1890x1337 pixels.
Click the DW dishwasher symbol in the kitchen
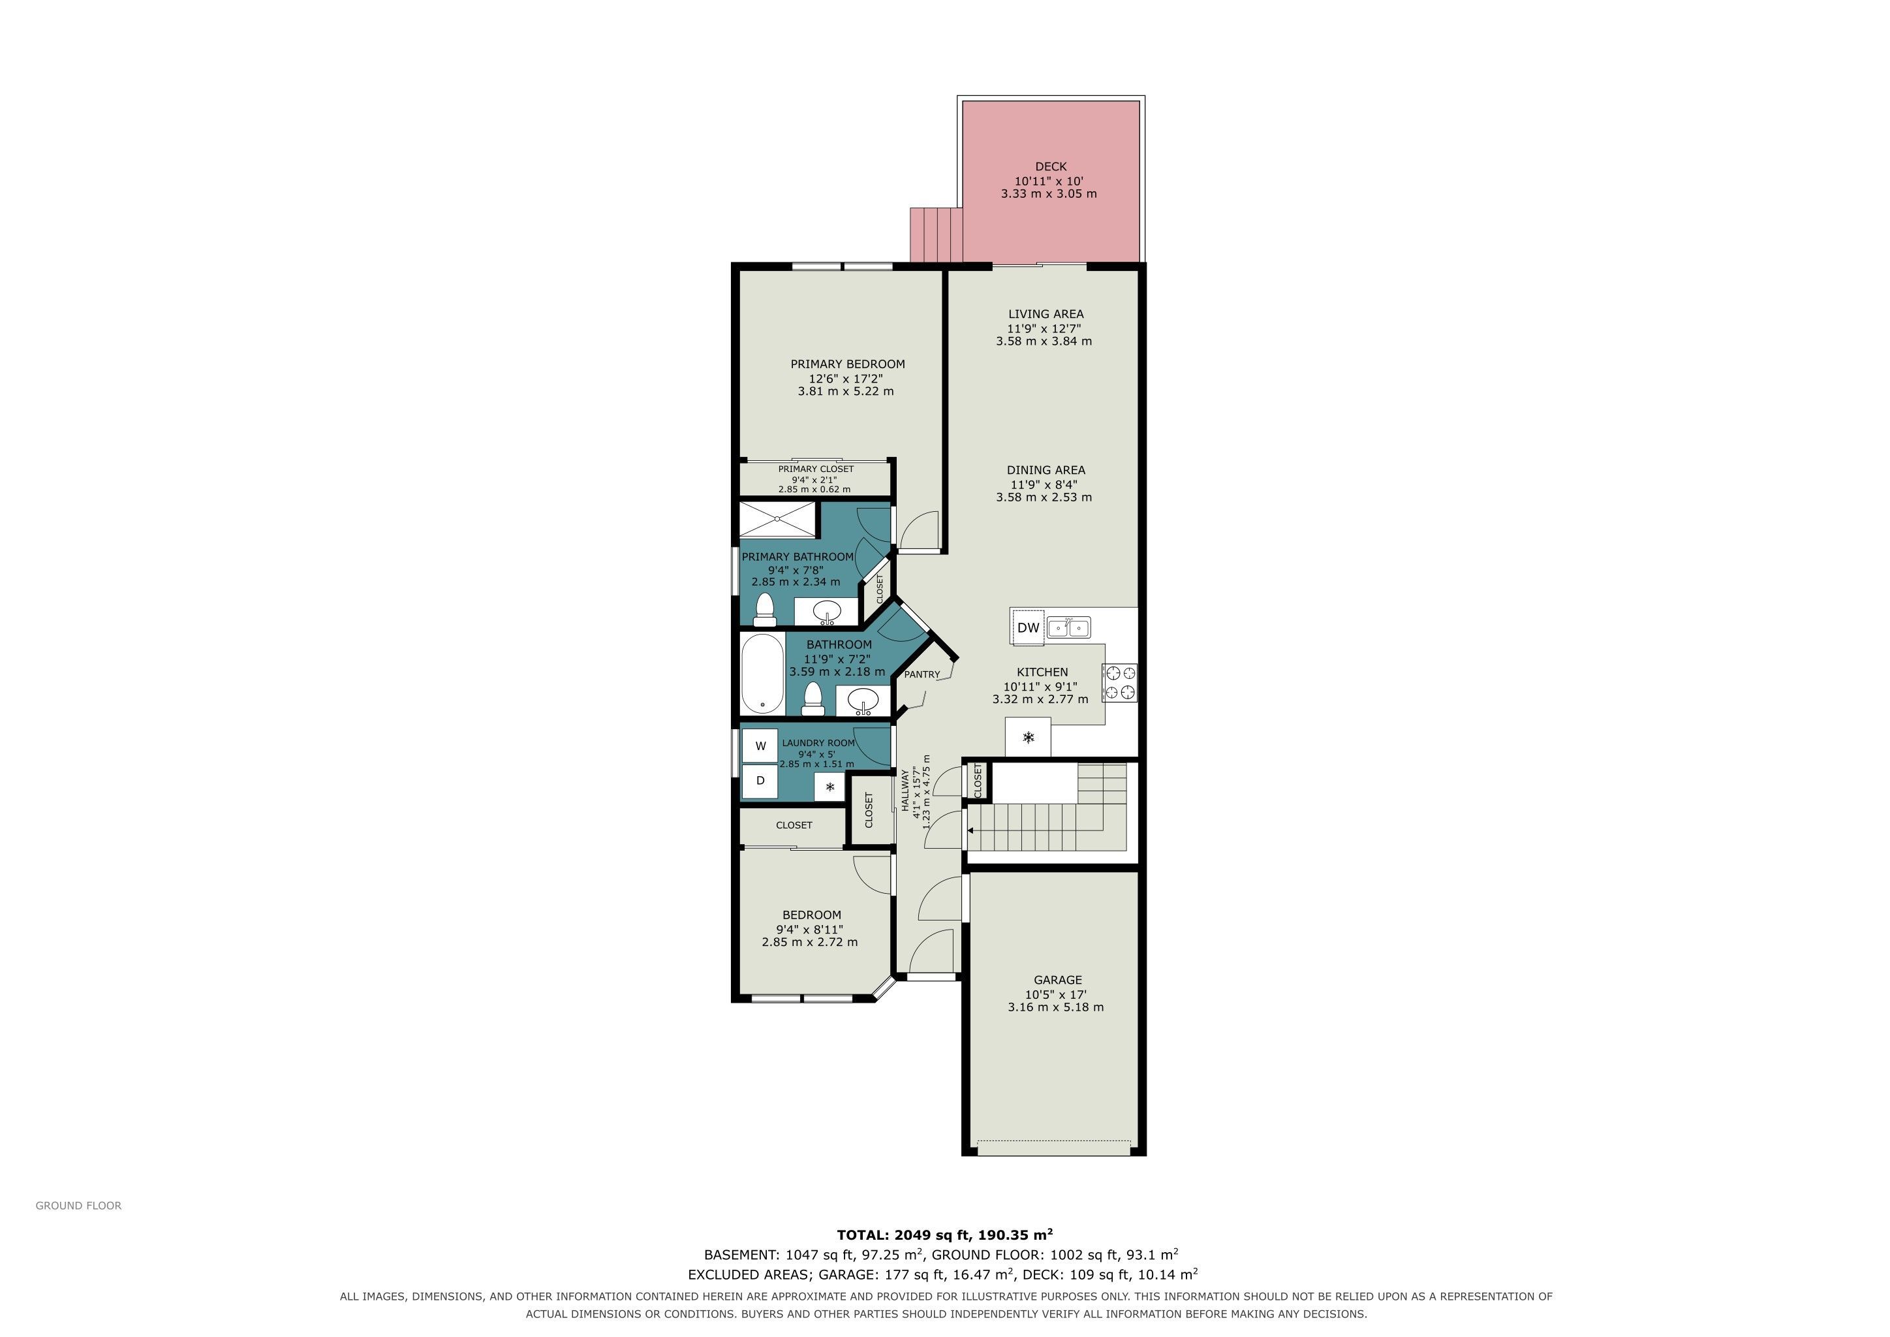click(x=1028, y=627)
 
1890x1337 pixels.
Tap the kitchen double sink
click(x=1068, y=628)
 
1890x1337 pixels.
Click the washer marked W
click(x=760, y=746)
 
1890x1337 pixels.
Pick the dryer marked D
click(x=760, y=781)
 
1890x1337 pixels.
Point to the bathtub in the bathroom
click(x=762, y=674)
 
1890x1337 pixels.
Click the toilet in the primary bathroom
click(x=766, y=609)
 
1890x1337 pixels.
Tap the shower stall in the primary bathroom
click(x=778, y=520)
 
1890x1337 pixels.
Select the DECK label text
click(x=1050, y=166)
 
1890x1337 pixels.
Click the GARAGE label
click(x=1058, y=980)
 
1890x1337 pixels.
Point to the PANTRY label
click(x=922, y=674)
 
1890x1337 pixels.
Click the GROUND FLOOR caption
click(x=78, y=1205)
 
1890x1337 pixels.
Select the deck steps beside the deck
click(x=937, y=234)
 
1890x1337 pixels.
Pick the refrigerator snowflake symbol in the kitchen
click(x=1028, y=738)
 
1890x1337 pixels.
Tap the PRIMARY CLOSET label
click(x=816, y=469)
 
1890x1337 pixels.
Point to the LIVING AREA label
click(x=1046, y=313)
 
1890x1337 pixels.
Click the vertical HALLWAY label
click(x=905, y=791)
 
